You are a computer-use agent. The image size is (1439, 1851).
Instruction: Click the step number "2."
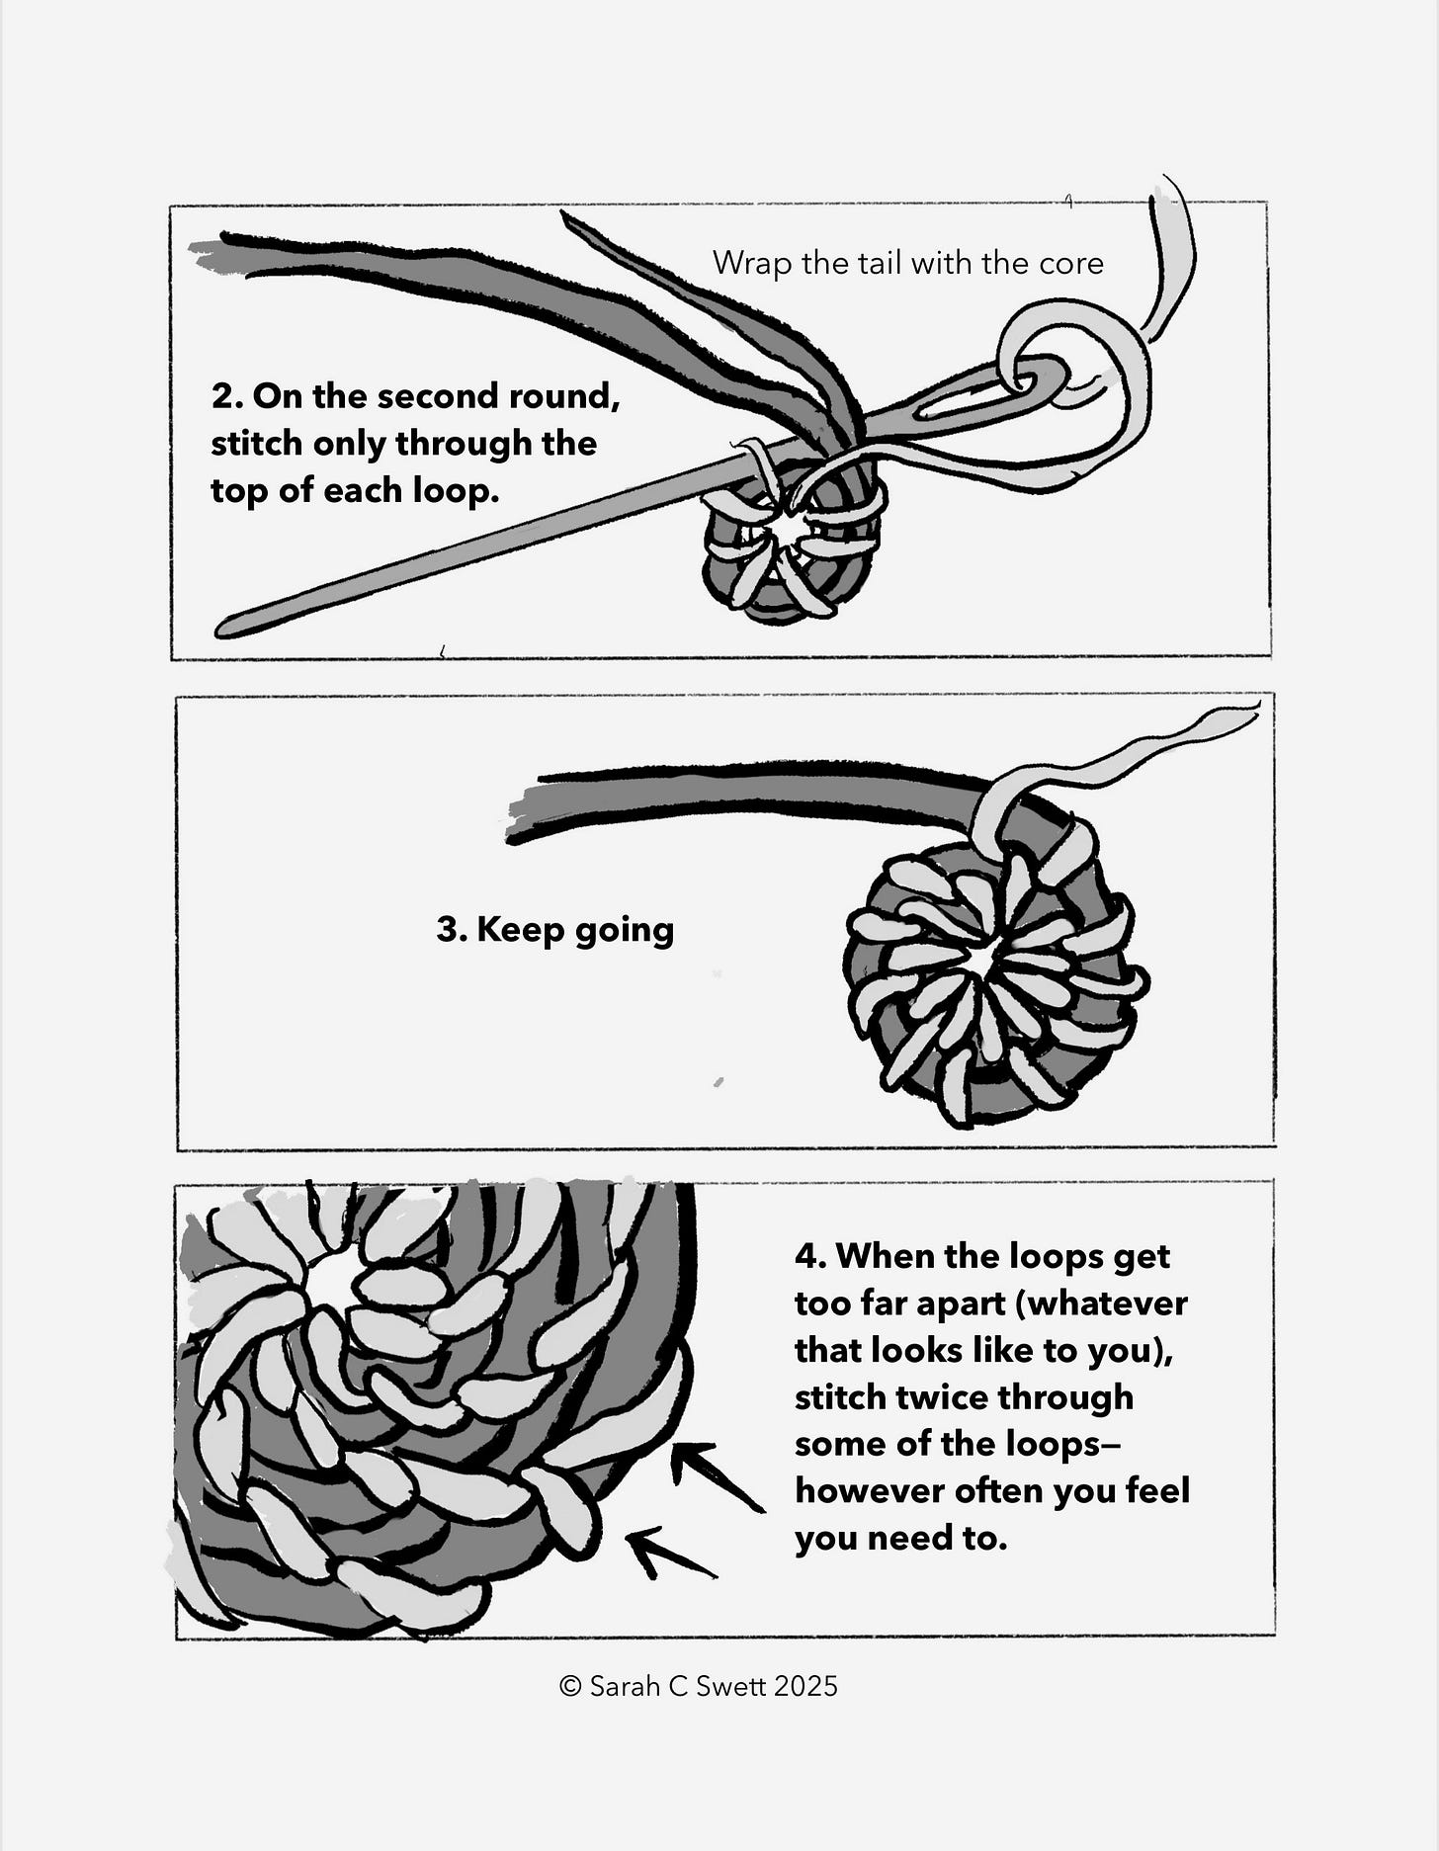pos(226,396)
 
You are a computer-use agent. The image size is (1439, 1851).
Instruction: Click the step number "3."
pos(451,930)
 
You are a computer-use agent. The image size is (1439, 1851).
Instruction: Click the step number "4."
pos(809,1257)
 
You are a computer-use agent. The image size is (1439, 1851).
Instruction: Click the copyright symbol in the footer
pos(569,1686)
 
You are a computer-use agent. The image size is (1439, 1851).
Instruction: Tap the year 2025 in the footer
pos(805,1686)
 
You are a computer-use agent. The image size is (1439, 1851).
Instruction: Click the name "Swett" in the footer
pos(732,1686)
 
